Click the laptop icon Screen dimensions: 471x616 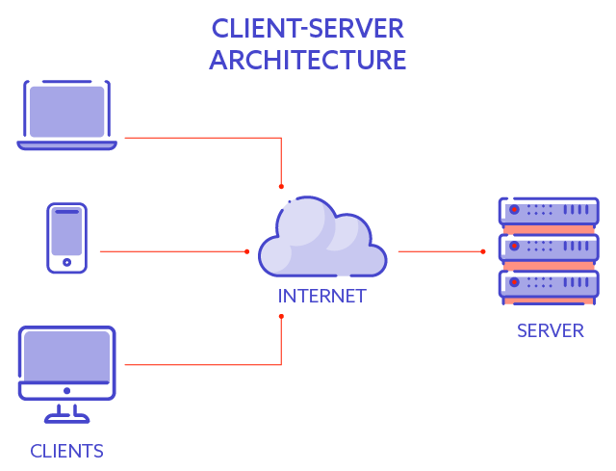(66, 115)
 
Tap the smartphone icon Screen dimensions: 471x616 (66, 238)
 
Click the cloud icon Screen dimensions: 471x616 (321, 239)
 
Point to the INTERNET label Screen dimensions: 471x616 (321, 297)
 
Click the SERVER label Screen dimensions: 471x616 (550, 331)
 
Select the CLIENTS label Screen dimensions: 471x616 (66, 451)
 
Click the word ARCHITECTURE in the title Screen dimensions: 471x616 (308, 60)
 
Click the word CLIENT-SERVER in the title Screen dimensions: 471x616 (308, 27)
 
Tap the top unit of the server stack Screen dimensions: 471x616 (548, 210)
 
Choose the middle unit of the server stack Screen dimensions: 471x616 (548, 247)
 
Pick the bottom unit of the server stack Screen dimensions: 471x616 (548, 283)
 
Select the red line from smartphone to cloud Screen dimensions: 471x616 (173, 251)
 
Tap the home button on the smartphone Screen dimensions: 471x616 (66, 262)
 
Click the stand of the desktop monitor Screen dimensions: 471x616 (66, 412)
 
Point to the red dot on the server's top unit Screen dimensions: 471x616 (514, 210)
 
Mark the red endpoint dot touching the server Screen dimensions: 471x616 (484, 251)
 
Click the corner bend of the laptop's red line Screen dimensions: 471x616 (281, 138)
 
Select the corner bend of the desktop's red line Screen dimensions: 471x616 (281, 365)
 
